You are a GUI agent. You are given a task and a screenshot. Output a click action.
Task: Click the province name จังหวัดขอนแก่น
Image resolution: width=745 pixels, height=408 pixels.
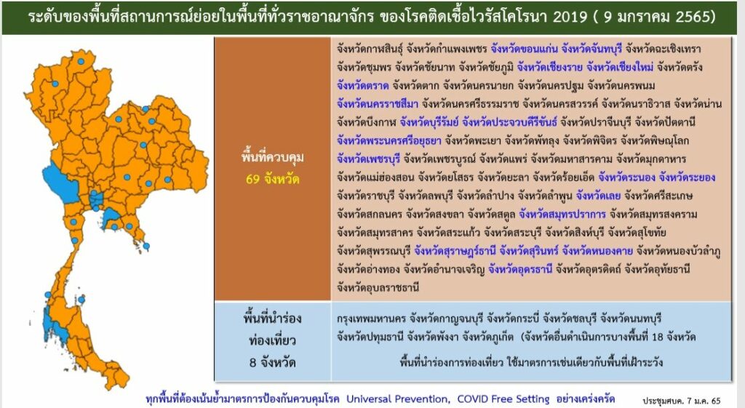tap(524, 49)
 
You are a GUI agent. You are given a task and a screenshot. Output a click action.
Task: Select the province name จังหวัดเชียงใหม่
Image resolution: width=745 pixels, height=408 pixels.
tap(620, 67)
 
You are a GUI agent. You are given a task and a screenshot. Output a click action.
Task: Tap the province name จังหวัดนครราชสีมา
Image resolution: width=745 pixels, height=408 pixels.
tap(378, 104)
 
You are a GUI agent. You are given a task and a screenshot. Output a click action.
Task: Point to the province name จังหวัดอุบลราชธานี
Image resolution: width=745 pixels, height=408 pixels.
tap(378, 287)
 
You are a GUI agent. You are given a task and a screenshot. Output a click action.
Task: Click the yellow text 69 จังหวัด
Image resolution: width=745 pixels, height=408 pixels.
tap(273, 179)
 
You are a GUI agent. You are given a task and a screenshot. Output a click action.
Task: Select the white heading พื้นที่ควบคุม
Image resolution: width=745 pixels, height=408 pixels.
tap(272, 157)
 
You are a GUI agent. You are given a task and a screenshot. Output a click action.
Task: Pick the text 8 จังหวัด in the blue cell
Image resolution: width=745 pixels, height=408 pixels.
tap(273, 362)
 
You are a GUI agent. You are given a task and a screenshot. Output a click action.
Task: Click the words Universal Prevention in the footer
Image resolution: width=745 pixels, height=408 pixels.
tap(397, 399)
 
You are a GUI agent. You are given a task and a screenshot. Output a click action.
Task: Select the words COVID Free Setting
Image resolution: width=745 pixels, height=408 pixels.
tap(503, 399)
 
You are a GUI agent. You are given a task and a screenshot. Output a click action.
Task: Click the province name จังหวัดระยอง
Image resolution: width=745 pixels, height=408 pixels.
tap(687, 177)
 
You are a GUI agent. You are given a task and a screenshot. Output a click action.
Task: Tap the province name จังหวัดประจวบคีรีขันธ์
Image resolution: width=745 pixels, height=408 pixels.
tap(509, 122)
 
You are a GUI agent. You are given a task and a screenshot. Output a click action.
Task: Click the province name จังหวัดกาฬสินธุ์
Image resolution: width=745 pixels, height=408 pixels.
tap(370, 49)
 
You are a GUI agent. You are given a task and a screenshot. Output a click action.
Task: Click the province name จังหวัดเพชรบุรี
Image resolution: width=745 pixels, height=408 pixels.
tap(368, 159)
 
